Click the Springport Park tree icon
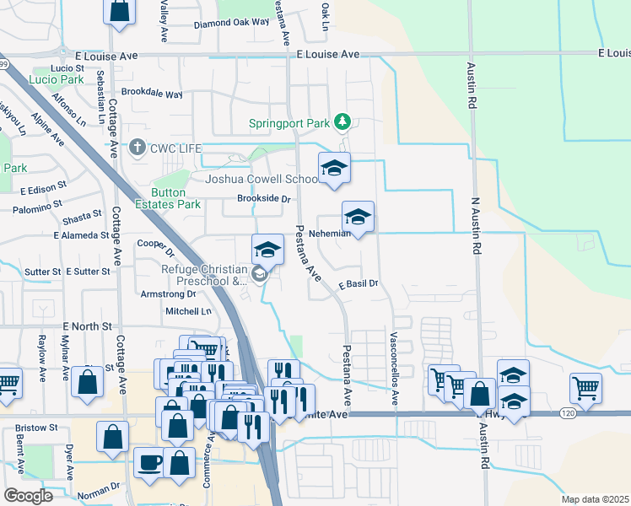[x=342, y=123]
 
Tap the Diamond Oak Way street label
[x=231, y=24]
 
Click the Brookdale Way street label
[x=152, y=93]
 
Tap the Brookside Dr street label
[x=264, y=200]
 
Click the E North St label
[x=87, y=326]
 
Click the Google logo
[x=28, y=496]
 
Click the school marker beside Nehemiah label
[x=358, y=218]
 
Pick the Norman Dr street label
[x=103, y=487]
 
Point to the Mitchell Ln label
[x=188, y=311]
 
